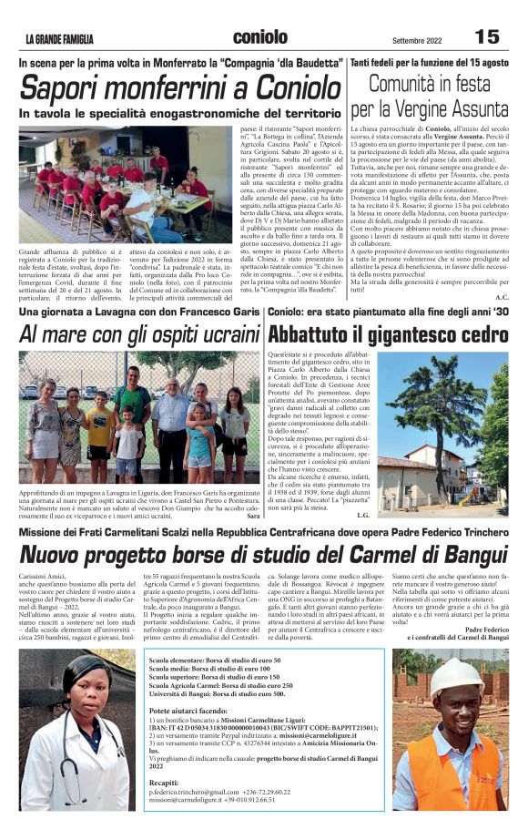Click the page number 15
487,36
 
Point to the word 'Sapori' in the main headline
66,88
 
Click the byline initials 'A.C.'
503,297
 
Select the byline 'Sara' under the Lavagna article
253,516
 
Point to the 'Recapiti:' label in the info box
164,782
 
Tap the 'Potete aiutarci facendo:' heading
188,708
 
